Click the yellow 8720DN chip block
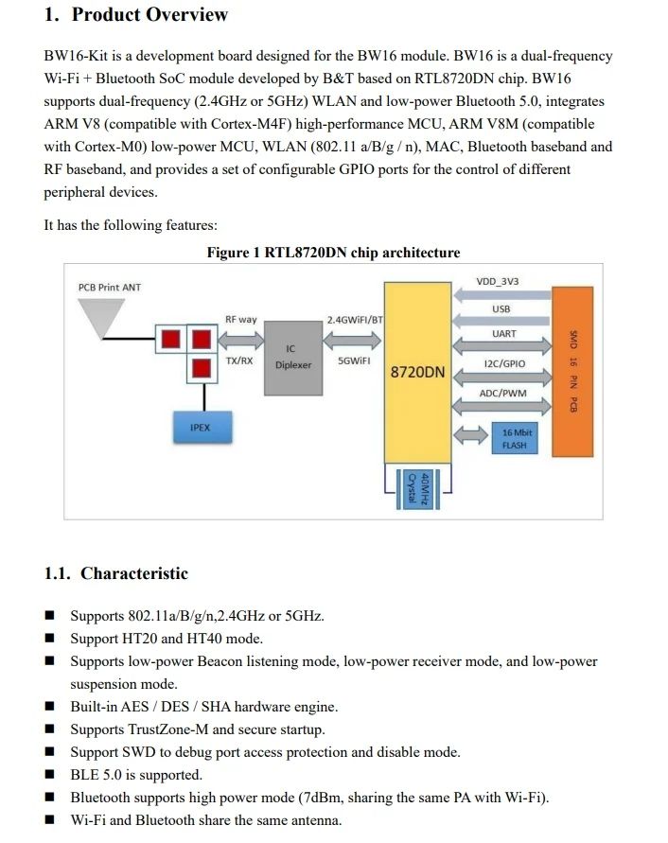pyautogui.click(x=417, y=372)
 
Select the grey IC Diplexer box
pyautogui.click(x=293, y=358)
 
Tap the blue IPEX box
pyautogui.click(x=202, y=428)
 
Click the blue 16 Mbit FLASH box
pyautogui.click(x=515, y=438)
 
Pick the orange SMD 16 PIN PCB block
pyautogui.click(x=572, y=372)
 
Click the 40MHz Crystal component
pyautogui.click(x=418, y=489)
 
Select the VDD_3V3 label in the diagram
pyautogui.click(x=498, y=282)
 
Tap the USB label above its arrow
pyautogui.click(x=501, y=309)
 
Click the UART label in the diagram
pyautogui.click(x=504, y=334)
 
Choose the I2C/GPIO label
pyautogui.click(x=504, y=364)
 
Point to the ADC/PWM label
pyautogui.click(x=502, y=394)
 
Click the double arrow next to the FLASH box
pyautogui.click(x=470, y=435)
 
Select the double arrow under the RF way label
pyautogui.click(x=241, y=341)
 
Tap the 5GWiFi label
pyautogui.click(x=354, y=360)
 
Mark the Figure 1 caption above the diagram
pyautogui.click(x=333, y=253)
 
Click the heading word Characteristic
pyautogui.click(x=134, y=573)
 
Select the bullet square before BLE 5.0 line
pyautogui.click(x=49, y=774)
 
